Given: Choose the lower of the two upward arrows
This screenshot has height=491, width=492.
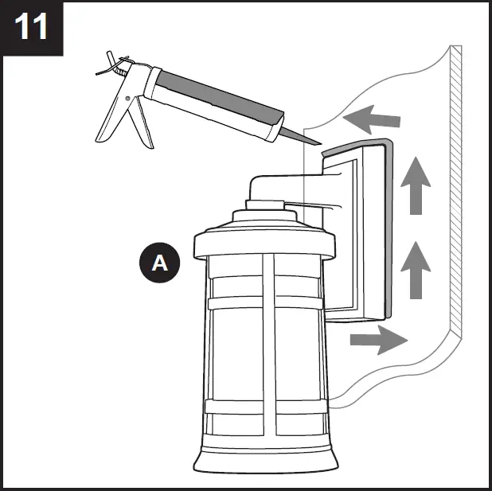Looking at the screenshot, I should click(414, 271).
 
